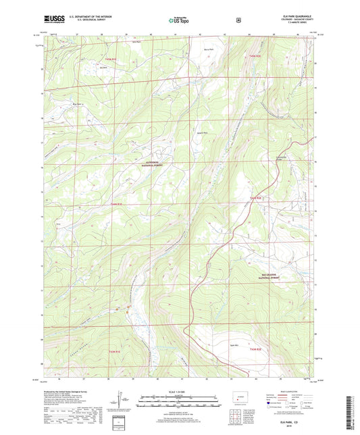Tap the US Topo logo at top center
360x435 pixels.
click(x=179, y=21)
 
